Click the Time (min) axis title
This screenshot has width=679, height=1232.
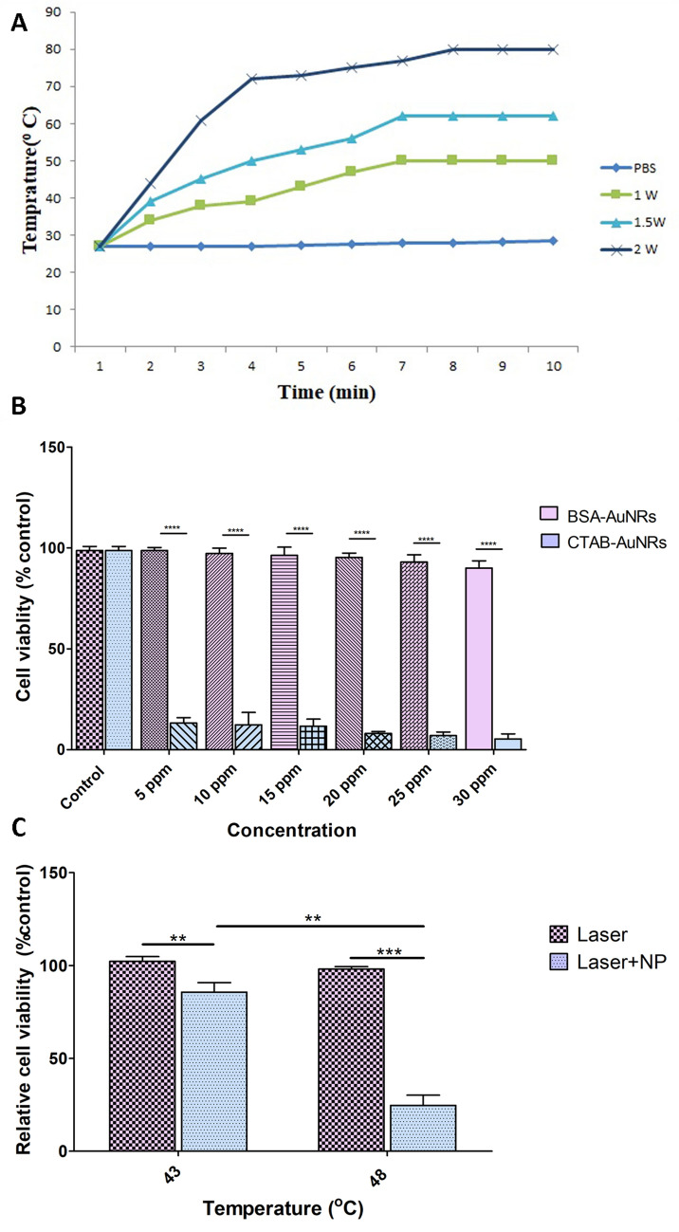[x=328, y=393]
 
